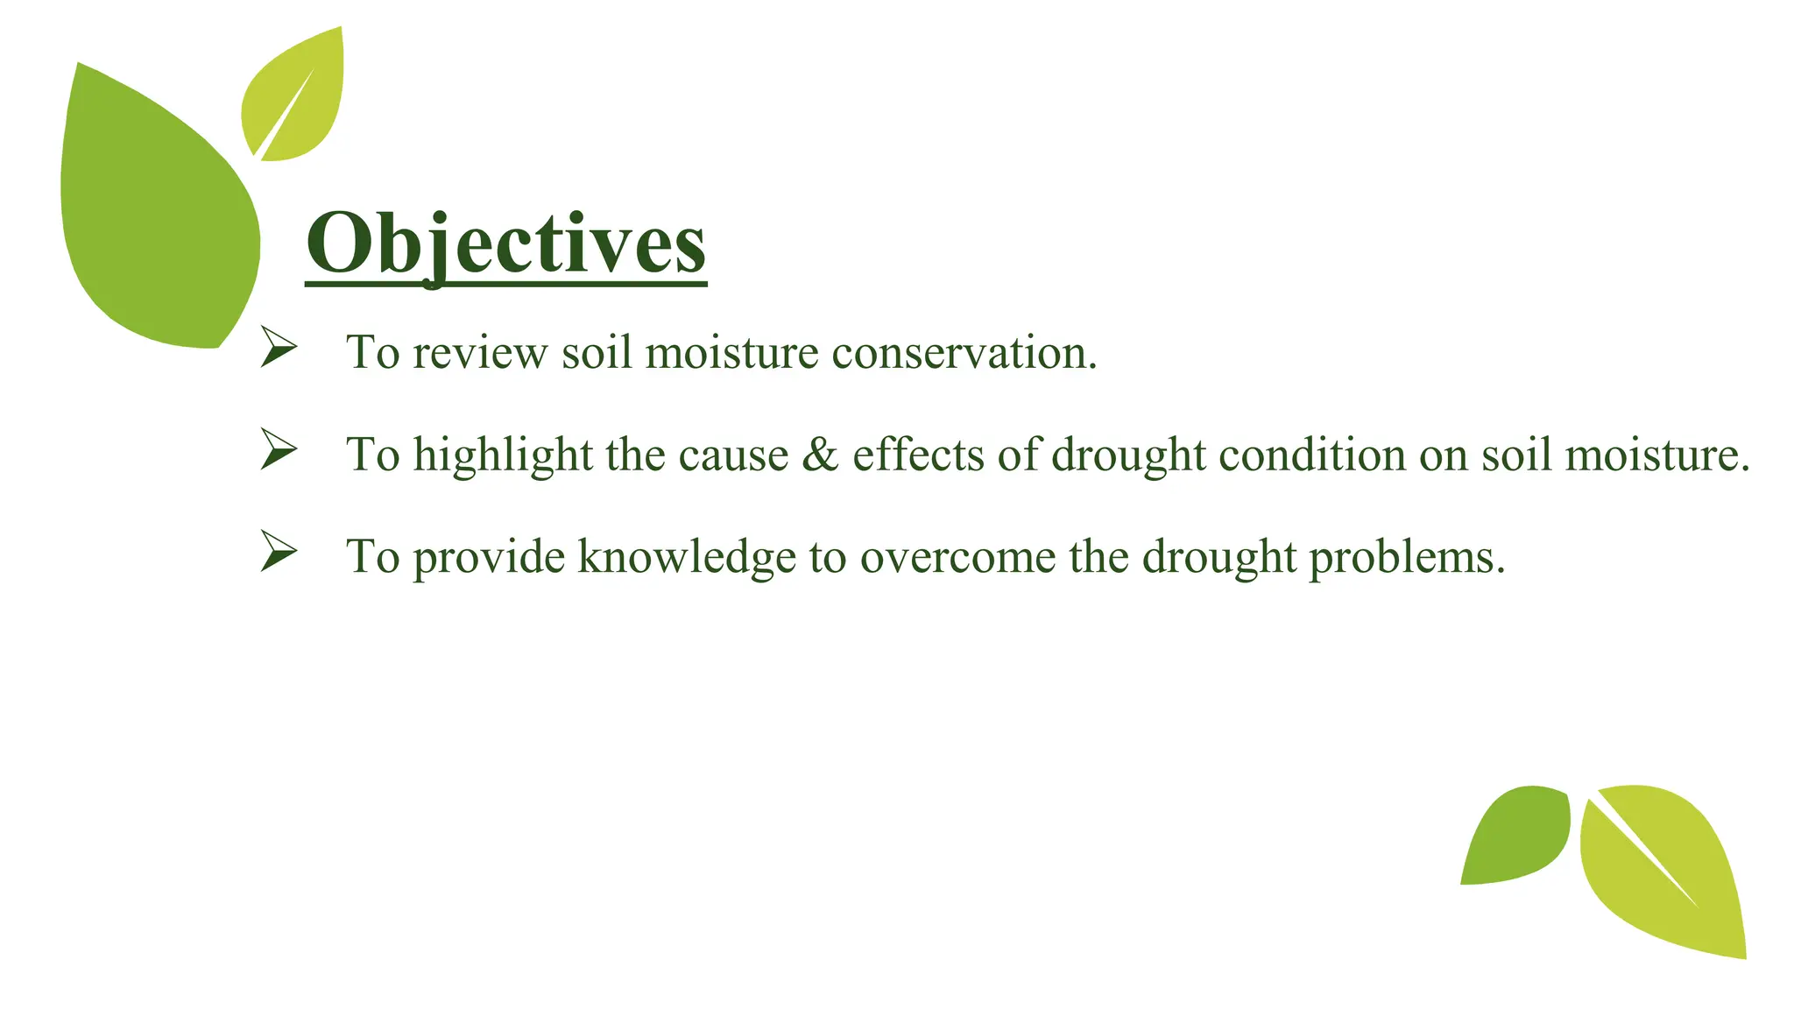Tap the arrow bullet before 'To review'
tap(279, 349)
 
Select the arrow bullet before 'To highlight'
tap(279, 450)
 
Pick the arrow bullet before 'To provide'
tap(279, 553)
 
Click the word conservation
tap(964, 353)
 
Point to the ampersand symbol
tap(820, 455)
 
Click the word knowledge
tap(686, 558)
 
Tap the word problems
tap(1407, 558)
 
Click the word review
tap(480, 354)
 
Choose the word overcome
tap(957, 558)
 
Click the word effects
tap(918, 455)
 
